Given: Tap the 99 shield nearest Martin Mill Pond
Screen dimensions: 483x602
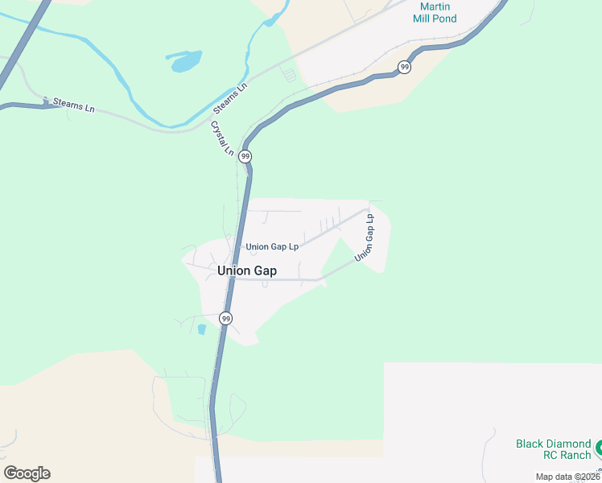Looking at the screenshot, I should point(404,67).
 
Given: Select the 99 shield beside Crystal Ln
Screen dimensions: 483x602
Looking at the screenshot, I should point(245,156).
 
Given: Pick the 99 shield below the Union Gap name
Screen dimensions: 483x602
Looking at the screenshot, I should point(226,319).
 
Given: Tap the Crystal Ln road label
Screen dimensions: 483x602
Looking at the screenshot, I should point(222,138).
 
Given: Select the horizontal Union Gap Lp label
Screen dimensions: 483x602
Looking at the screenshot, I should point(272,246).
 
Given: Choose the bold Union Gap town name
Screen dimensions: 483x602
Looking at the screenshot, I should point(247,271).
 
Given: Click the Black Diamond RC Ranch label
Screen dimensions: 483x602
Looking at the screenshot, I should point(553,449).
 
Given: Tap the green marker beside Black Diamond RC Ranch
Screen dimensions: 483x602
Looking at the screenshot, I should point(599,444).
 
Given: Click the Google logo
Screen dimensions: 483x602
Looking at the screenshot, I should point(27,473).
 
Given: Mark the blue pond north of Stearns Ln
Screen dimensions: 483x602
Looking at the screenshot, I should point(184,60).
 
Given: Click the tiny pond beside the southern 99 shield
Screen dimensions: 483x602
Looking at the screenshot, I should point(201,329).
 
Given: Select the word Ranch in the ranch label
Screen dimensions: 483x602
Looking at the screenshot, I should point(574,455).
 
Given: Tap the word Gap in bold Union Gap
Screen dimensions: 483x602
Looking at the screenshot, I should point(265,271).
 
